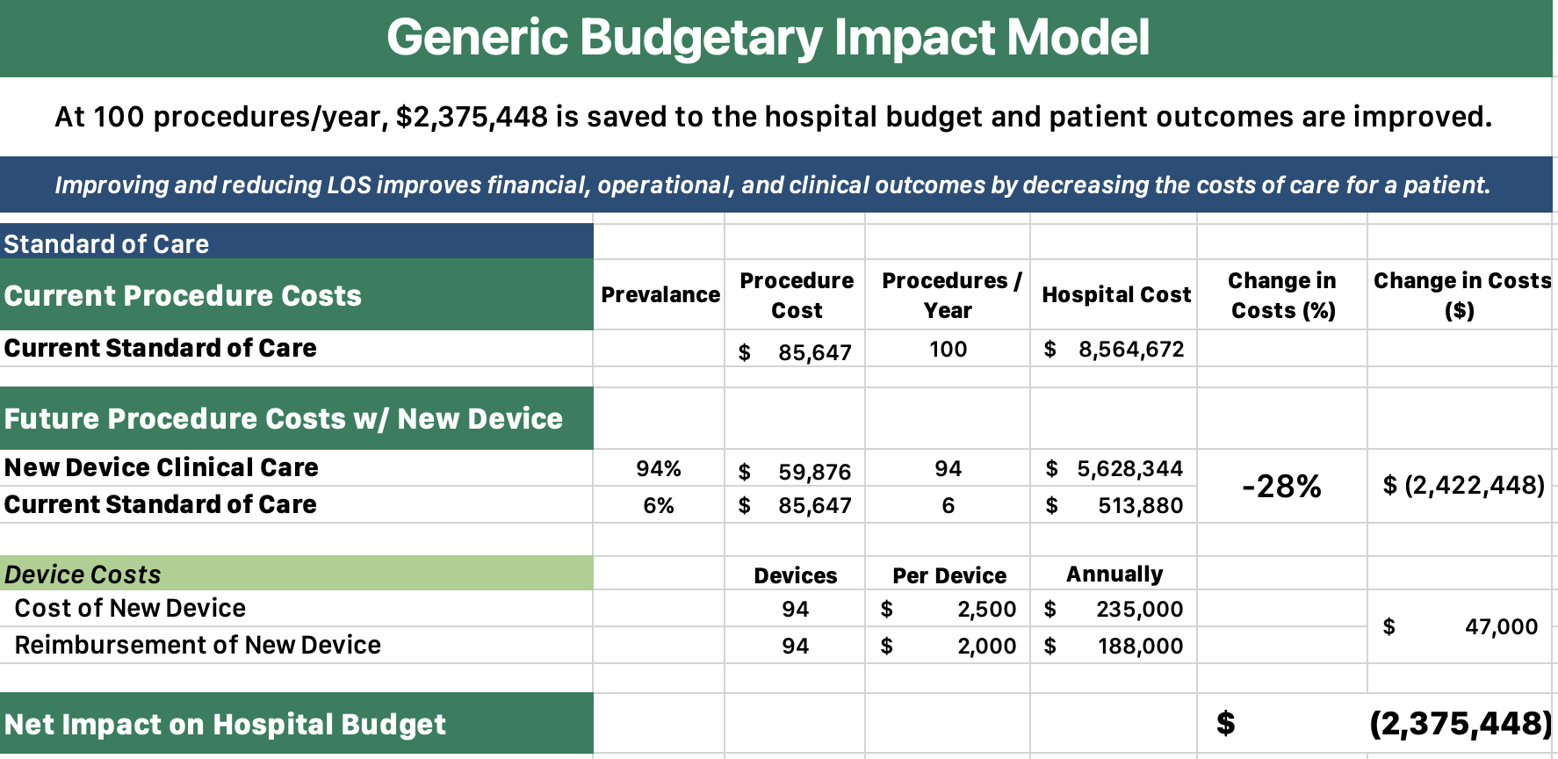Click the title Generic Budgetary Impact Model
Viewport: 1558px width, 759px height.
click(x=768, y=38)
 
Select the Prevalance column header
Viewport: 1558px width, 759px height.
click(x=660, y=295)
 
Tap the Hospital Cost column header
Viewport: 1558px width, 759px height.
click(x=1115, y=295)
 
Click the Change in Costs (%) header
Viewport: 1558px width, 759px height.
click(x=1281, y=295)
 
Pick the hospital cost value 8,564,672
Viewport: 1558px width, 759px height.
click(x=1130, y=350)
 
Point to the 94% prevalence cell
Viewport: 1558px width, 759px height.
click(x=659, y=469)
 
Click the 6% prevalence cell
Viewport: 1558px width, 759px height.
click(x=659, y=506)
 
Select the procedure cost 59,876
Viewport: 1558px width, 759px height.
click(x=814, y=473)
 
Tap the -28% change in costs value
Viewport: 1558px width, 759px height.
click(x=1281, y=487)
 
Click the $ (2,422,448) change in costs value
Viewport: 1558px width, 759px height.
click(x=1463, y=486)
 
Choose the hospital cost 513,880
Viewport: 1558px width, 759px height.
click(x=1140, y=506)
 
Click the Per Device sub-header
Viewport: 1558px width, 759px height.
click(x=949, y=576)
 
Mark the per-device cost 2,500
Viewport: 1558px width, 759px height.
click(x=986, y=610)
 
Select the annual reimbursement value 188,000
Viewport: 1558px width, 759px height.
click(x=1140, y=647)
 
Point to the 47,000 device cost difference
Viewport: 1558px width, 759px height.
click(x=1501, y=627)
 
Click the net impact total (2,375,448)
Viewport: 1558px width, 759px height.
click(x=1460, y=724)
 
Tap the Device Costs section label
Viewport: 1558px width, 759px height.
click(x=83, y=575)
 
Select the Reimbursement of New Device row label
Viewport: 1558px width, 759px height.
click(x=198, y=646)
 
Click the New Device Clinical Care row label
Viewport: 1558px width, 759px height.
click(x=162, y=468)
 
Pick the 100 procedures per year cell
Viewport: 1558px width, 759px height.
click(x=948, y=350)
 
